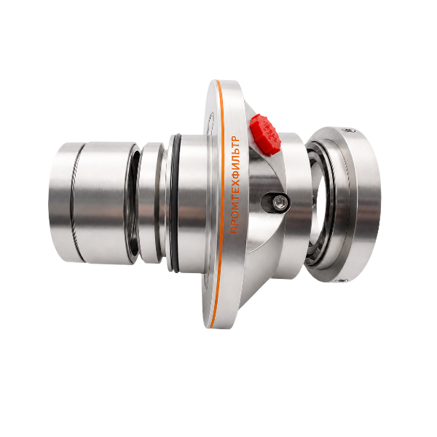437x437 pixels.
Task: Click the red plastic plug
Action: pyautogui.click(x=265, y=134)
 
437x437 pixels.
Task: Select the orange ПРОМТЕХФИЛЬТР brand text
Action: pyautogui.click(x=235, y=185)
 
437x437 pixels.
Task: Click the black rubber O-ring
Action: pyautogui.click(x=174, y=203)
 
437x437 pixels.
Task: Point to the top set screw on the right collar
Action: pyautogui.click(x=347, y=130)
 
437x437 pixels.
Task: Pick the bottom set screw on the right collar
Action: pyautogui.click(x=341, y=280)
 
